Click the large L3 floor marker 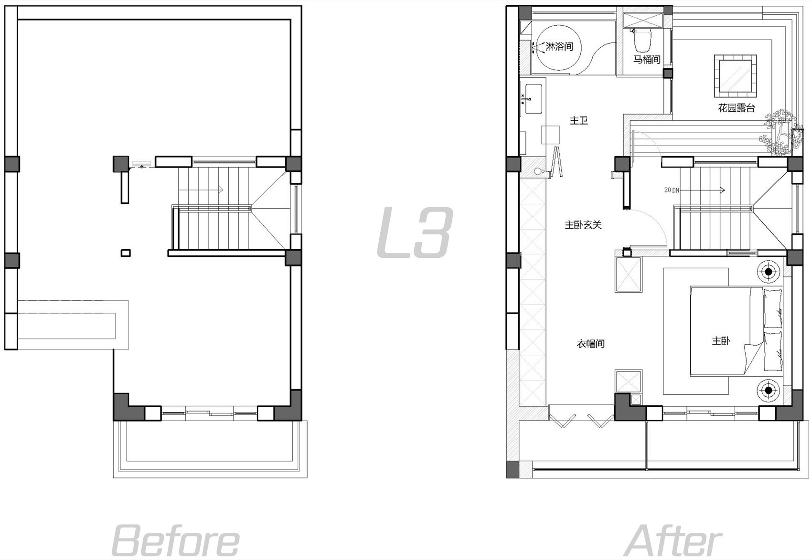[x=415, y=232]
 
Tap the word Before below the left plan [x=175, y=541]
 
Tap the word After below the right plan [x=673, y=541]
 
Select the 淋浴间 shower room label [x=559, y=47]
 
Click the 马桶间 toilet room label [x=647, y=59]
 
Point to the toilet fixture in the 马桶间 [x=642, y=40]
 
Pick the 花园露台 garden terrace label [x=736, y=107]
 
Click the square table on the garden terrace [x=736, y=76]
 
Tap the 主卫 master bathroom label [x=578, y=120]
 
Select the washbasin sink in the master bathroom [x=533, y=98]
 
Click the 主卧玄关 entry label [x=583, y=225]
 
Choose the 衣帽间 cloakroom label [x=590, y=343]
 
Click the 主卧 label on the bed [x=721, y=341]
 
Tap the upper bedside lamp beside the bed [x=768, y=271]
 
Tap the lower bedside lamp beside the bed [x=768, y=390]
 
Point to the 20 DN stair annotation [x=672, y=190]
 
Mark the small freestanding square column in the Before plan [x=126, y=253]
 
